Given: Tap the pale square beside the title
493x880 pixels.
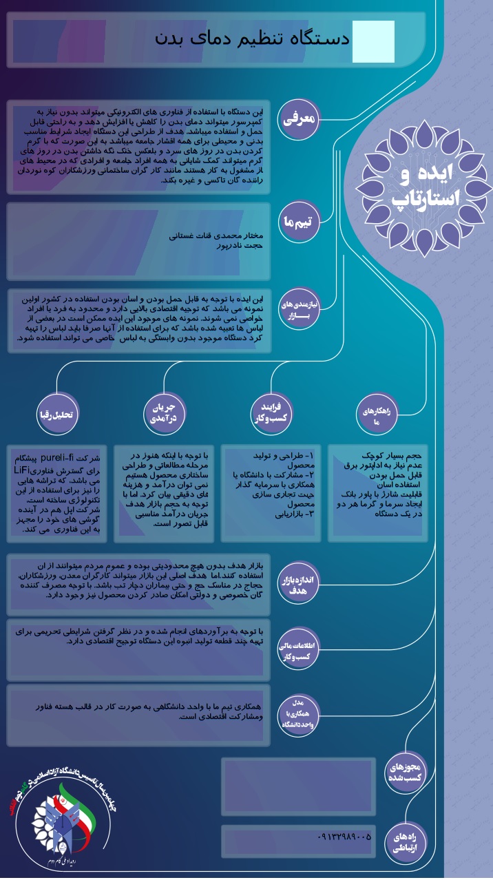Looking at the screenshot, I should point(373,41).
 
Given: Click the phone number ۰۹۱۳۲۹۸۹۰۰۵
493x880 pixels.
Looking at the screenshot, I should point(344,837).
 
